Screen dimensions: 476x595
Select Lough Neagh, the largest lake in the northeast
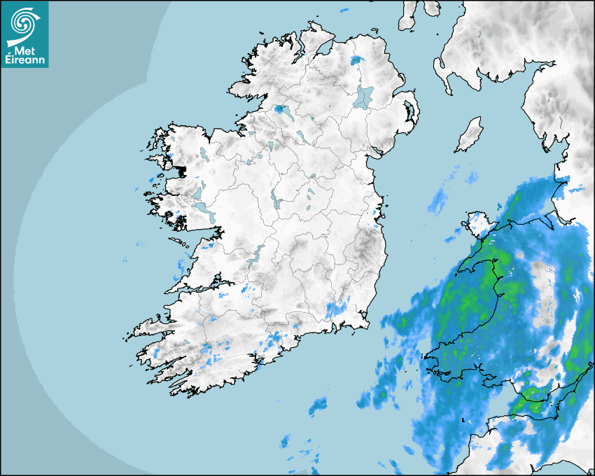[364, 97]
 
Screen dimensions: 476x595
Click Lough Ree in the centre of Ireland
[275, 199]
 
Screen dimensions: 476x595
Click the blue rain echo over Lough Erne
[283, 110]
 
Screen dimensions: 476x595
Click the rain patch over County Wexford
[337, 308]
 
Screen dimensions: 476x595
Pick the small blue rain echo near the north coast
[359, 60]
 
